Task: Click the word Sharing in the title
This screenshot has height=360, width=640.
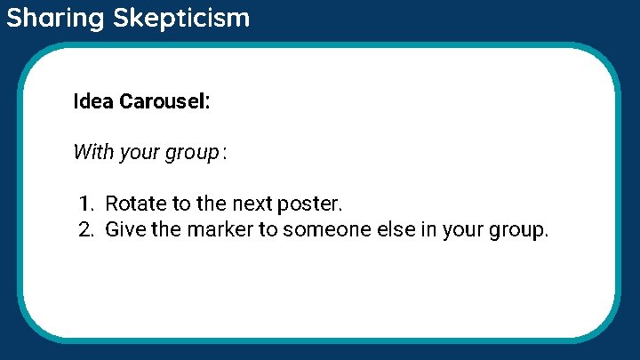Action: [x=56, y=18]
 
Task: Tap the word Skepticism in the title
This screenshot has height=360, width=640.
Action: [x=181, y=18]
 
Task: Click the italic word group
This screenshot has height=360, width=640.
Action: [x=191, y=153]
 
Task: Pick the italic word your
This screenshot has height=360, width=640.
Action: [x=139, y=153]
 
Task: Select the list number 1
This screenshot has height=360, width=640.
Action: [x=84, y=204]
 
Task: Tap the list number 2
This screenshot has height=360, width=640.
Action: [x=85, y=230]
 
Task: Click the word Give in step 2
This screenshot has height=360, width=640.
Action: [x=124, y=230]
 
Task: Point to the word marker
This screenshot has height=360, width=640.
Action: [x=208, y=230]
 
